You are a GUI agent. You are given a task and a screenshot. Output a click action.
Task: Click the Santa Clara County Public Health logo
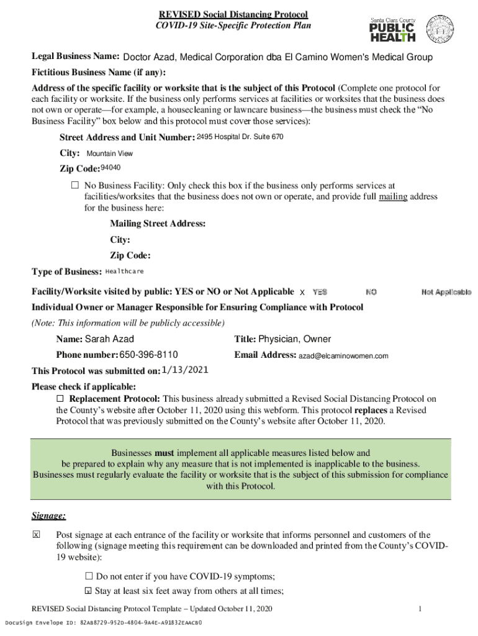[x=393, y=30]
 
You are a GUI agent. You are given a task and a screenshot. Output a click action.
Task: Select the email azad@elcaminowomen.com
[x=343, y=357]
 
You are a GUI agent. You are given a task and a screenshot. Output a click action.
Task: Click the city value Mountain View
[x=109, y=153]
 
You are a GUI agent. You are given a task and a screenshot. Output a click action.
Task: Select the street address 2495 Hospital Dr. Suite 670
[x=240, y=137]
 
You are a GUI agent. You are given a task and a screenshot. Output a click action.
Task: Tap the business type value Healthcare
[x=125, y=271]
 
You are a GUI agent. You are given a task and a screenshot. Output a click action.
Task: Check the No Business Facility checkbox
[x=75, y=186]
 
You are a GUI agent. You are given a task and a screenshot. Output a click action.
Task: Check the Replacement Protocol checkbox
[x=60, y=398]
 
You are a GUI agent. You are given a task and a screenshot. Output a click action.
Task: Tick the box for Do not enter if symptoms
[x=88, y=576]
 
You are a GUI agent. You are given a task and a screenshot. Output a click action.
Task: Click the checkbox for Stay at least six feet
[x=88, y=591]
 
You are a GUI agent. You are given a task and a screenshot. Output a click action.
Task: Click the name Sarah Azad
[x=109, y=339]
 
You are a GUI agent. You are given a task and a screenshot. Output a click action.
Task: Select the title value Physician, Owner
[x=294, y=339]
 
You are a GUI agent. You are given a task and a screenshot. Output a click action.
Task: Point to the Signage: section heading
[x=48, y=516]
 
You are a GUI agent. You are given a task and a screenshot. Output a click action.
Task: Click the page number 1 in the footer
[x=420, y=609]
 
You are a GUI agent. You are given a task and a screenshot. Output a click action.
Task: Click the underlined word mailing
[x=393, y=197]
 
